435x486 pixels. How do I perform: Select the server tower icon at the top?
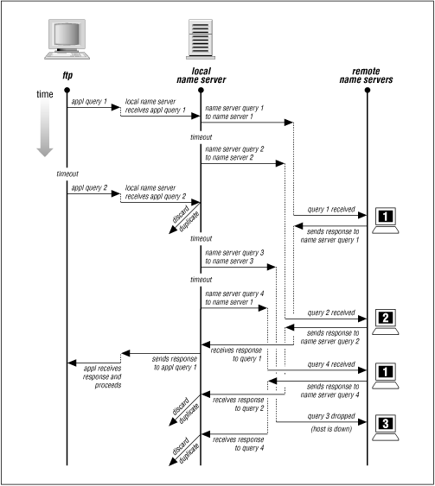point(201,40)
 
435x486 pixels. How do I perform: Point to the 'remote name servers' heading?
point(367,76)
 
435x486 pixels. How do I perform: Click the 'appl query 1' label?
point(89,102)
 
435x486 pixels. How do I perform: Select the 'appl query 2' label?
point(89,186)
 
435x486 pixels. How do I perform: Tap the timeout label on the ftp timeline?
point(67,174)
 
